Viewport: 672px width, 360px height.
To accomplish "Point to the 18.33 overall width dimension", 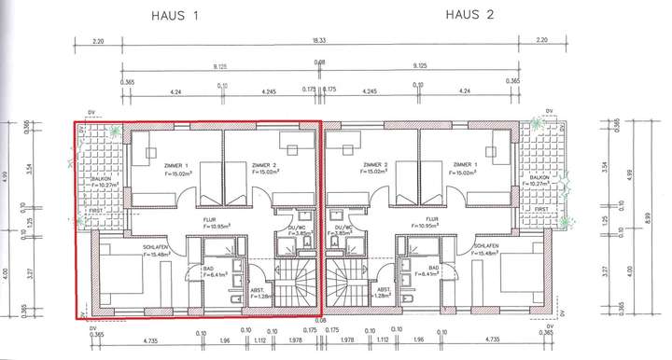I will pyautogui.click(x=319, y=41).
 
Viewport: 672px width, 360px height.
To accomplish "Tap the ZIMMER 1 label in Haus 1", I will pyautogui.click(x=173, y=165).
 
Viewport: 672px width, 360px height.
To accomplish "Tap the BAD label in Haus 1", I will pyautogui.click(x=209, y=268).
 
